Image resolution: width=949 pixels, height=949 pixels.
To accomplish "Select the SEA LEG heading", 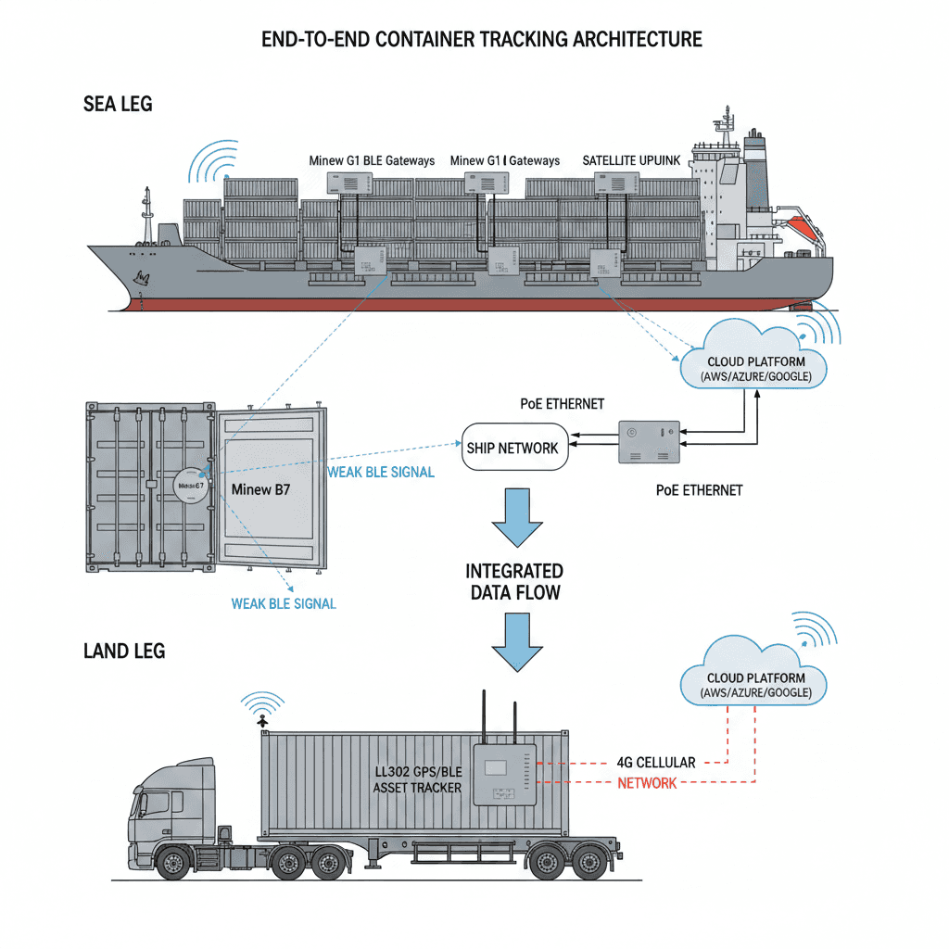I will click(x=118, y=104).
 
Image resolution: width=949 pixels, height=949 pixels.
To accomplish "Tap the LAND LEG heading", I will click(x=124, y=651).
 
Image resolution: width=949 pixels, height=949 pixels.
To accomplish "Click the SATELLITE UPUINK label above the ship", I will click(x=631, y=160).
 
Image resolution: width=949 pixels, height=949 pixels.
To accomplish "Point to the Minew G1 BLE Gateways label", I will click(x=371, y=160).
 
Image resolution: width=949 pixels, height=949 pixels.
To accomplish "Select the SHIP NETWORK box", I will click(x=512, y=448).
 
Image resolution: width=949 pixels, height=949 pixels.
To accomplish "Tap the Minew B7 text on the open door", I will click(x=260, y=488).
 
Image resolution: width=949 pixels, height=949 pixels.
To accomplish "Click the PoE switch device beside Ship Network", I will click(x=649, y=443).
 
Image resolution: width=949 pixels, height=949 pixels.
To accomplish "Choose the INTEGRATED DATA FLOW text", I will click(x=513, y=581).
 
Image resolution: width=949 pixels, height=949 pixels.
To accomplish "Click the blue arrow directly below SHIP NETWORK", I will click(x=514, y=519).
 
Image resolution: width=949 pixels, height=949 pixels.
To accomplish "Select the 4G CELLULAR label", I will click(x=655, y=763).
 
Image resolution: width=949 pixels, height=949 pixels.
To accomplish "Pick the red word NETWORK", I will click(x=647, y=783).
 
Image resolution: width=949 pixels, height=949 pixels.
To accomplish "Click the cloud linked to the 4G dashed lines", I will click(x=752, y=678).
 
